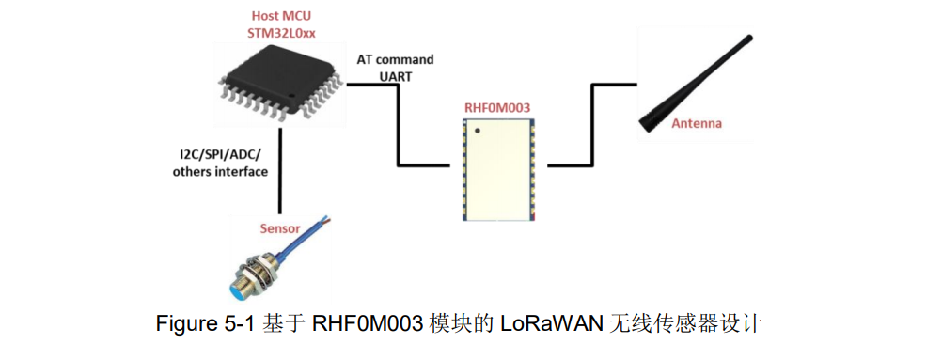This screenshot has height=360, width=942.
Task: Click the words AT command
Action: pyautogui.click(x=395, y=59)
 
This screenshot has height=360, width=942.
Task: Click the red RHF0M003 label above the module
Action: pyautogui.click(x=496, y=108)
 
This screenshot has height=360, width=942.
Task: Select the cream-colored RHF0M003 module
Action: pyautogui.click(x=498, y=170)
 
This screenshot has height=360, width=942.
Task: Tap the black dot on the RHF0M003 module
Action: pyautogui.click(x=477, y=130)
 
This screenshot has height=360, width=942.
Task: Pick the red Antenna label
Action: pyautogui.click(x=697, y=124)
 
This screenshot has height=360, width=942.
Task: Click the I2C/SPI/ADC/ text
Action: pyautogui.click(x=216, y=154)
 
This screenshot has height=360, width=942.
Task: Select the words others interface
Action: pyautogui.click(x=220, y=172)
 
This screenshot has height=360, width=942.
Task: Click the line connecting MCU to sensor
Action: pyautogui.click(x=280, y=169)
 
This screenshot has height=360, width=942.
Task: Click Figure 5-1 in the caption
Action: pyautogui.click(x=200, y=324)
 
